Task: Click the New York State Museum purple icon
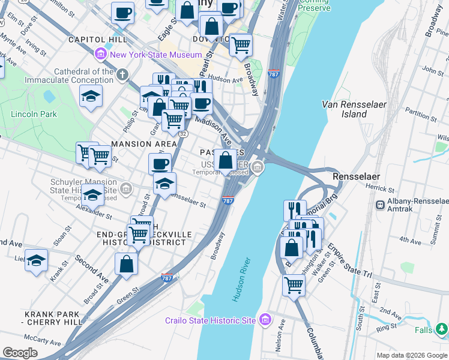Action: click(101, 55)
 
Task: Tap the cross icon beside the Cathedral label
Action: click(122, 75)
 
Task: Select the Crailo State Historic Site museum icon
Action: click(265, 320)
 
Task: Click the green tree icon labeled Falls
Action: click(442, 329)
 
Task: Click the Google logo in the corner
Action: click(20, 353)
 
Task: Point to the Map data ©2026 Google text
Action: click(411, 355)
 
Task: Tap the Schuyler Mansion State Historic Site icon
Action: click(126, 190)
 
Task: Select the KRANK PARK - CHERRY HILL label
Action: click(53, 318)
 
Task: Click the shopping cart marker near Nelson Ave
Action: click(294, 285)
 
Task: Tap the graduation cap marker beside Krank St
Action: click(36, 260)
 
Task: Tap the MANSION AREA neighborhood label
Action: click(144, 144)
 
